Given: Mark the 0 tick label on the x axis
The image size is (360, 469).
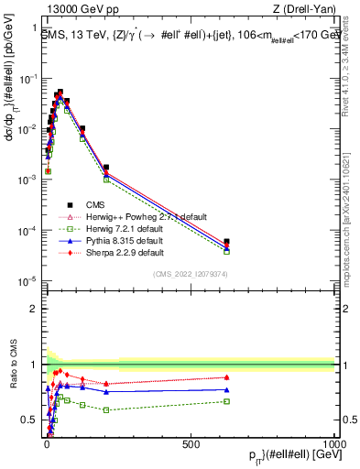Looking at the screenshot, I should [47, 443].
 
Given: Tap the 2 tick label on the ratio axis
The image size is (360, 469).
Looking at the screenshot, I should [37, 309].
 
